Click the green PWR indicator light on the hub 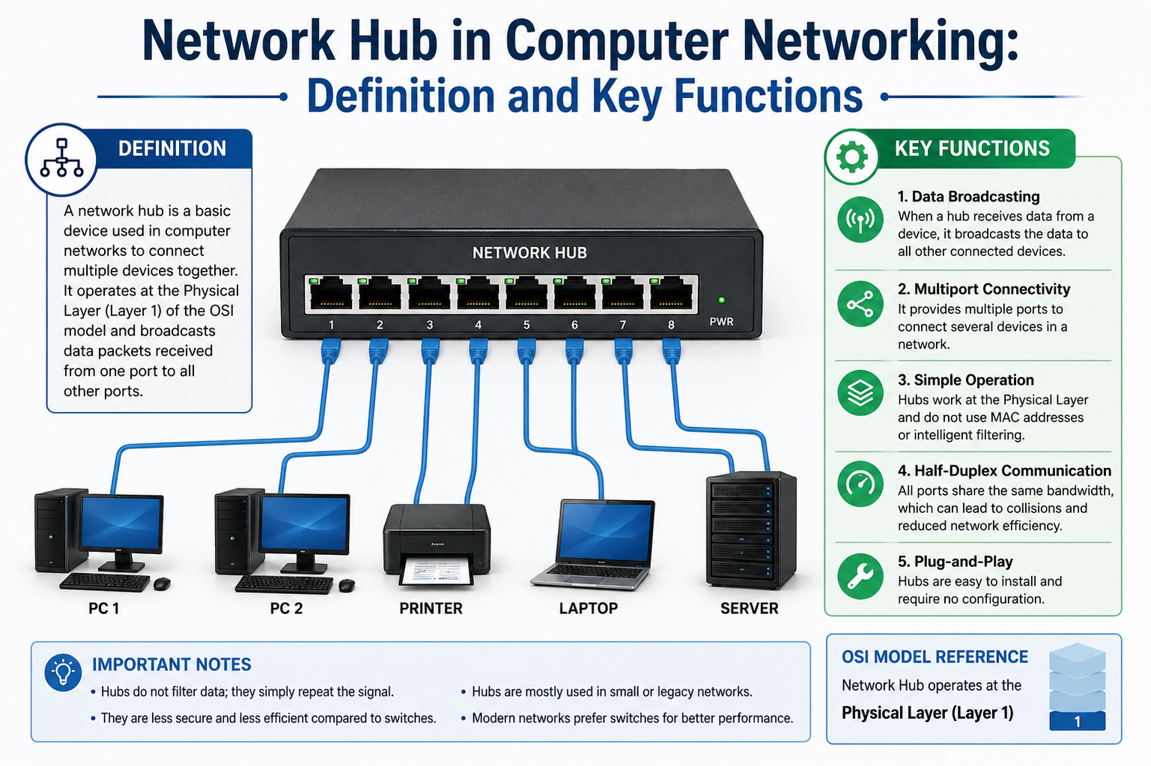pos(721,300)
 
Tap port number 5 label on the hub pos(526,325)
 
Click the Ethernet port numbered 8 pos(671,293)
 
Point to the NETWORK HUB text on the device pos(529,253)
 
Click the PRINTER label pos(431,608)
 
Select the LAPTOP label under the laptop pos(588,608)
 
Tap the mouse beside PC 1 pos(162,583)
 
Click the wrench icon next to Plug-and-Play pos(860,577)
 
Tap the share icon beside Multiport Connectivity pos(860,304)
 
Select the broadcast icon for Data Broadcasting pos(860,219)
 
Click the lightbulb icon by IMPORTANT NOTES pos(64,672)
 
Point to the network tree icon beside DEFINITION pos(61,159)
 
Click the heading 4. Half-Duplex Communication pos(1004,471)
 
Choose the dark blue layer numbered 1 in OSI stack pos(1077,721)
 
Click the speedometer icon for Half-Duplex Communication pos(860,484)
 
